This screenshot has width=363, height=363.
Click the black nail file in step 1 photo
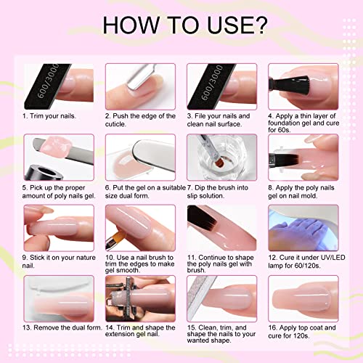[x=46, y=86]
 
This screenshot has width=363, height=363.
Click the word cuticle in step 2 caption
[x=115, y=124]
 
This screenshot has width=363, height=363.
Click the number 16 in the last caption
[x=273, y=327]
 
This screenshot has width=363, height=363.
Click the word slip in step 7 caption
[x=192, y=195]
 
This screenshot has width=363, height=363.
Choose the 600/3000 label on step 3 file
[x=212, y=83]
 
